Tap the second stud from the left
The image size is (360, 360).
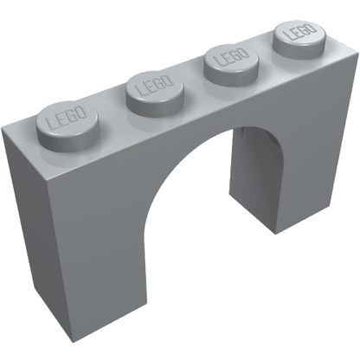click(x=156, y=93)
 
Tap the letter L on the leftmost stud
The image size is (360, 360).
click(x=52, y=122)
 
